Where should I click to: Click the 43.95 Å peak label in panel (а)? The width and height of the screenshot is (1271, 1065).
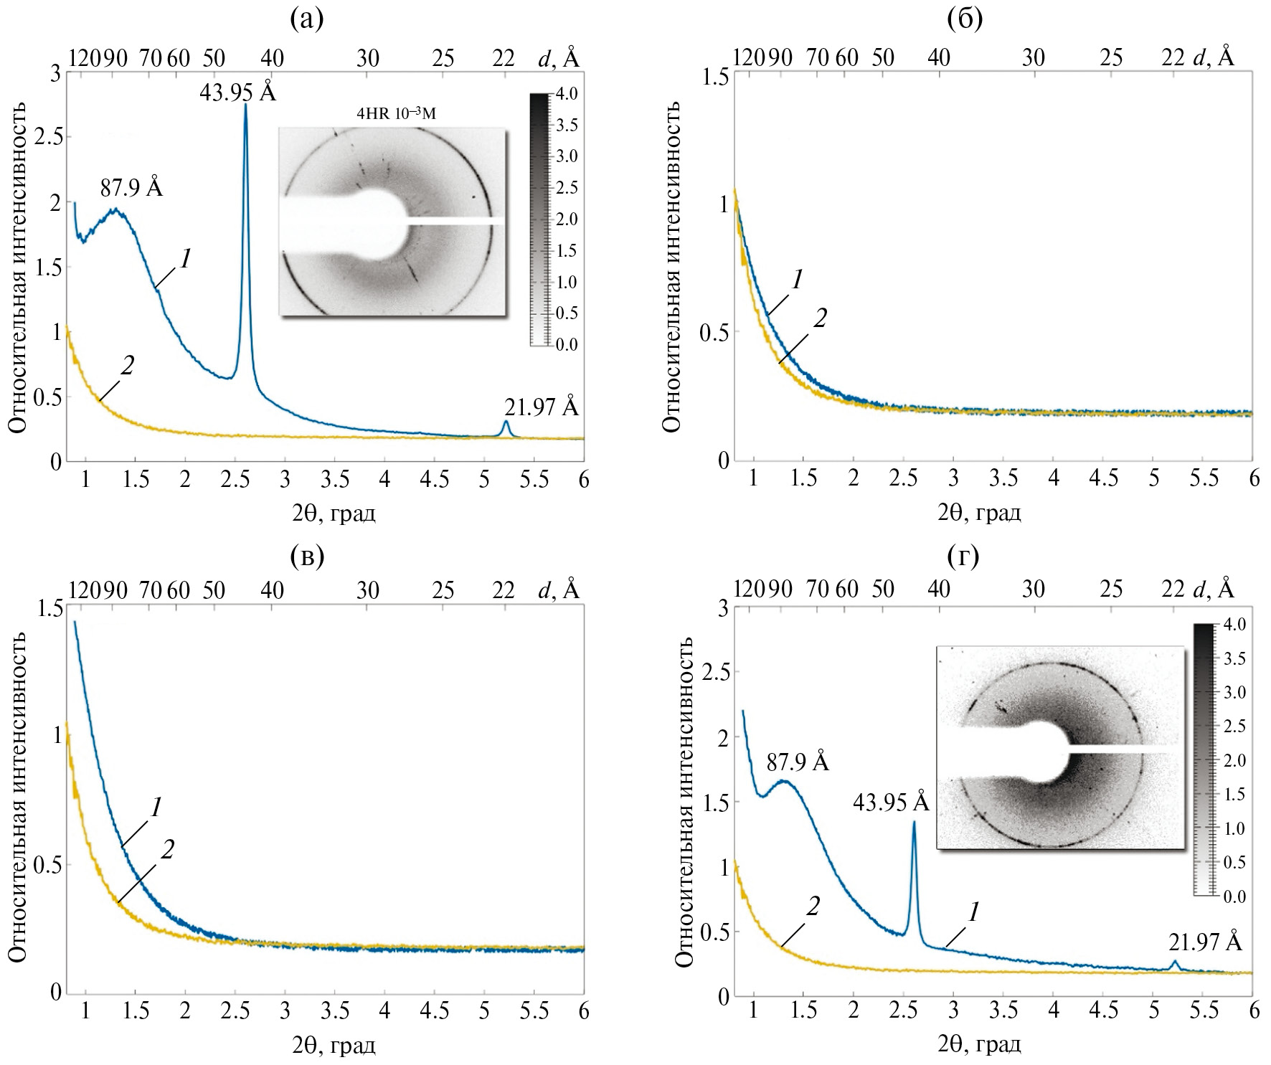point(237,93)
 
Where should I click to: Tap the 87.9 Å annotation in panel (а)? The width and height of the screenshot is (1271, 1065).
point(131,189)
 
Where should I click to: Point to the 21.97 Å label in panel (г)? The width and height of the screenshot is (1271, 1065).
point(1205,941)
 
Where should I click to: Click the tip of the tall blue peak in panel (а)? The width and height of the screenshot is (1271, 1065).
point(246,105)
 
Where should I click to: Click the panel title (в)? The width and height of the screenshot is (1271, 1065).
point(306,555)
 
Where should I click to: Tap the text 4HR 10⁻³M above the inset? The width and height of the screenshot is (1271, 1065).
point(397,114)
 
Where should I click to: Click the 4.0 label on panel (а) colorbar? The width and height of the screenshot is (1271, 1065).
point(567,94)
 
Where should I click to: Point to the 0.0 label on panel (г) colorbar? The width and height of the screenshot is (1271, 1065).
point(1234,896)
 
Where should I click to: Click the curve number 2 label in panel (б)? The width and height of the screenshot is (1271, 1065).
point(820,318)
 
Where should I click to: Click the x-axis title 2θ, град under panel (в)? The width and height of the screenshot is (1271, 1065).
point(334,1045)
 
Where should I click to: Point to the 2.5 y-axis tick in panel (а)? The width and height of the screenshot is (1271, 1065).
point(45,138)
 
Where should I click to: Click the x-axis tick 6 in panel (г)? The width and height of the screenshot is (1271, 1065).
point(1254,1011)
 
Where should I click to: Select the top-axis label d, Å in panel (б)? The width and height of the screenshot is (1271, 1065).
point(1213,57)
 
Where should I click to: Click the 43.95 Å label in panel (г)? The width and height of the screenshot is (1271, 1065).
point(891,803)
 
